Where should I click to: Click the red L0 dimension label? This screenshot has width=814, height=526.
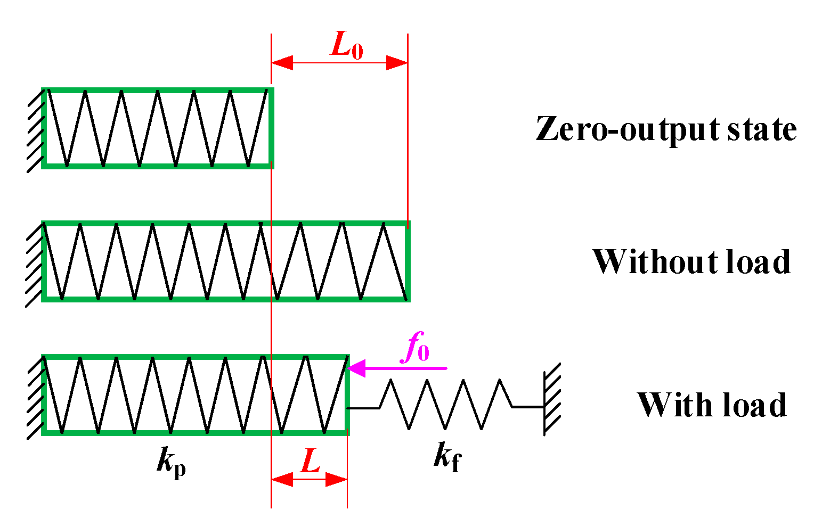pos(347,45)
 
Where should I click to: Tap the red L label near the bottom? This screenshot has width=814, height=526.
pos(310,460)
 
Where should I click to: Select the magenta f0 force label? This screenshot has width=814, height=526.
pos(414,347)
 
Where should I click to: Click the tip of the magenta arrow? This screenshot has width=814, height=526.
pos(348,368)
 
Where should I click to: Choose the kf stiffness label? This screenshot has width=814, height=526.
pos(447,456)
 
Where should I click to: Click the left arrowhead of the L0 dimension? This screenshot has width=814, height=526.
pos(282,63)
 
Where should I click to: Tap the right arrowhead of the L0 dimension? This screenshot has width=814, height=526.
pos(397,63)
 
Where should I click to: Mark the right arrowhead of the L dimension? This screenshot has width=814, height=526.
pos(337,480)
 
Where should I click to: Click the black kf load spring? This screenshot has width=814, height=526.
pos(445,404)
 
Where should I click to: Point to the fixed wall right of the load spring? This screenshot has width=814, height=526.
pos(552,399)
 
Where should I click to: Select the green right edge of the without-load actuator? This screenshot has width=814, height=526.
pos(408,261)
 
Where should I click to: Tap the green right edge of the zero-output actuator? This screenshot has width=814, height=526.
pos(271,128)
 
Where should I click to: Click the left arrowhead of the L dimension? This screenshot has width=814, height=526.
pos(282,480)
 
